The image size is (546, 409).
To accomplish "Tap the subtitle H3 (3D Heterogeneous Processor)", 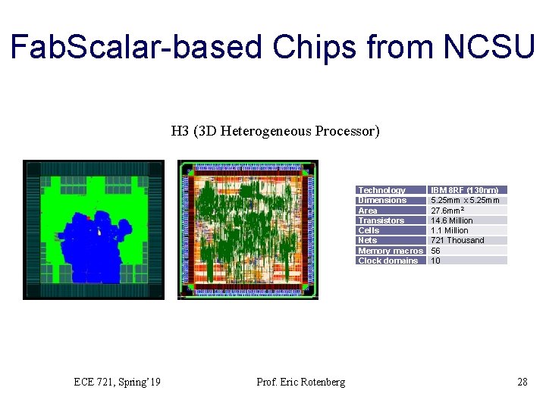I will tap(275, 131).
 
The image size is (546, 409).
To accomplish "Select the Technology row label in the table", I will tap(381, 190).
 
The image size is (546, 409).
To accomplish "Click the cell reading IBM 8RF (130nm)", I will tap(464, 190).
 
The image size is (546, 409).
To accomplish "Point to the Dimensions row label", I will tap(382, 200).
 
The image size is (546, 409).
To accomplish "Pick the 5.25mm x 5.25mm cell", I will tap(465, 200).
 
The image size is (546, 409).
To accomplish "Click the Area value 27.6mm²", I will tap(447, 211).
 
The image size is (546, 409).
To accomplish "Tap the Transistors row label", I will tap(381, 220).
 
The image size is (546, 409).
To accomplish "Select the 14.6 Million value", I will tap(451, 220).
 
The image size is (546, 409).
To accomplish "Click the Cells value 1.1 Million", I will tap(450, 230).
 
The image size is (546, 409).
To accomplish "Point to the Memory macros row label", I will tap(390, 251).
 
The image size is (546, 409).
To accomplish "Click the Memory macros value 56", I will tap(435, 251).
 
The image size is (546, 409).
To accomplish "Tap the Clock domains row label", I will tap(388, 261).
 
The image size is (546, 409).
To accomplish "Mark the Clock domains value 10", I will tap(435, 261).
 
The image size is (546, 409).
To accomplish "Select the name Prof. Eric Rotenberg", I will tap(301, 382).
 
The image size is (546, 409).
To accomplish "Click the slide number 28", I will tap(522, 382).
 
